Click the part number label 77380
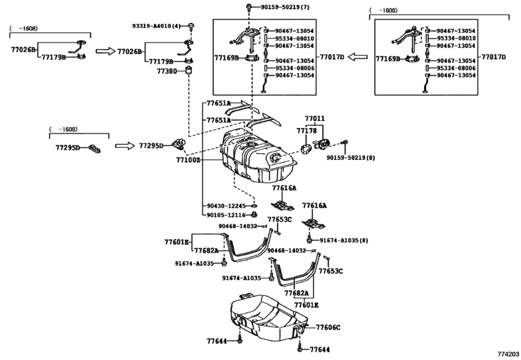pos(166,71)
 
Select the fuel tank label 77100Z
pos(187,159)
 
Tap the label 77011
pos(314,119)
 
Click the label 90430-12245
pos(226,206)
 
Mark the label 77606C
pos(328,327)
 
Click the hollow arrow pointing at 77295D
pos(125,146)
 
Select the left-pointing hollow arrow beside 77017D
pos(357,57)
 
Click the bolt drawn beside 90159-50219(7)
pos(248,8)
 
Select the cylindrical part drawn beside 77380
pos(190,71)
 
